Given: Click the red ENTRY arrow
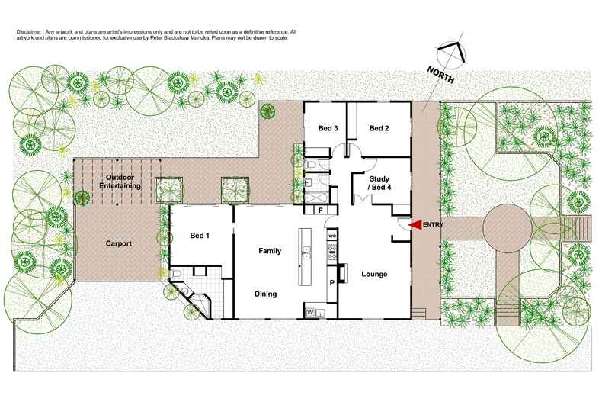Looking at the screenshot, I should pos(415,225).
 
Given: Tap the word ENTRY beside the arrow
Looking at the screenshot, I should pos(431,225).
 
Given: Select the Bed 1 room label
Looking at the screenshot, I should pos(200,236).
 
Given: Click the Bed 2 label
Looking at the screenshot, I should pos(379,128).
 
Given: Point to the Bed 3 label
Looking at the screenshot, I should pos(328,128).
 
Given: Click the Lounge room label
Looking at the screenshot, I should pos(374,274).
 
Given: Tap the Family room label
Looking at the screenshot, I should pos(270,251).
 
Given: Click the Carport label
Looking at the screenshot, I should pos(118,244).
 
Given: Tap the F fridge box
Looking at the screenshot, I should pos(321,210).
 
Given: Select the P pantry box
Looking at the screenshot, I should pos(332,282).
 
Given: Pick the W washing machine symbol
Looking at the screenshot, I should pos(310,313).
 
